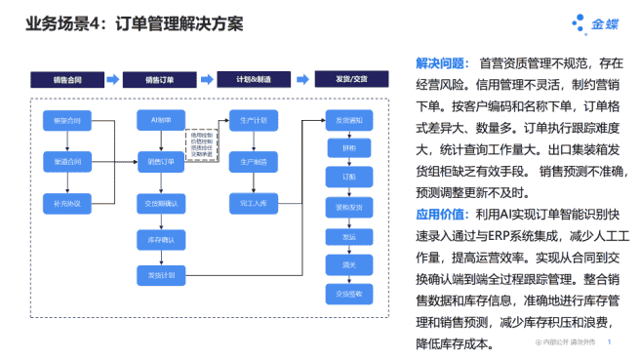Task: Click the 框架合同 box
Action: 67,121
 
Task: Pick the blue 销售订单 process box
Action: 161,161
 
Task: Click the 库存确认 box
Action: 161,239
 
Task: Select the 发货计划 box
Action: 161,276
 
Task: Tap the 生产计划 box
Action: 254,121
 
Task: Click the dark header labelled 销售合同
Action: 66,79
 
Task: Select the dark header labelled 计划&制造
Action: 253,79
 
